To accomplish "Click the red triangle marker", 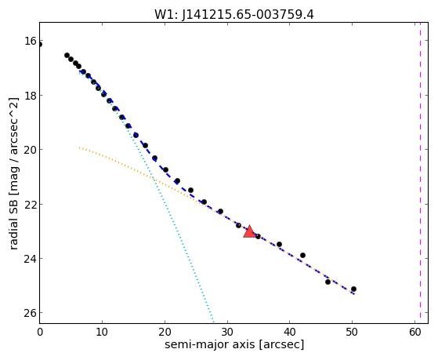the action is click(x=249, y=231).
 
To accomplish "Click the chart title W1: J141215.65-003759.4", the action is click(x=234, y=14).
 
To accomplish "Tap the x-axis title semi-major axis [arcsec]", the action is click(x=234, y=344).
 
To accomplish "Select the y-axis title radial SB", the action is click(x=13, y=223).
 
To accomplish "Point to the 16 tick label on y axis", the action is click(x=30, y=41).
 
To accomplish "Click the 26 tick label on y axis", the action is click(x=30, y=313).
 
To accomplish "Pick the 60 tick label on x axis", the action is click(x=414, y=332).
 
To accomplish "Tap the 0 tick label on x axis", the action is click(x=40, y=332).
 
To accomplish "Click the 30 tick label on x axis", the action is click(x=227, y=332).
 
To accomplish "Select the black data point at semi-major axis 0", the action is click(x=40, y=45).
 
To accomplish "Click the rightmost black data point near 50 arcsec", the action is click(x=353, y=289).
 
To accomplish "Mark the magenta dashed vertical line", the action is click(x=420, y=173).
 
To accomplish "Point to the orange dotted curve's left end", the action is click(x=80, y=147).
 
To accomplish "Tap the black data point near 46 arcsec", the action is click(x=328, y=282).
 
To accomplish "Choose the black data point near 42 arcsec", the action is click(x=302, y=255).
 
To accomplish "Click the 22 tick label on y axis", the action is click(x=30, y=204).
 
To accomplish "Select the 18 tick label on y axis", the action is click(x=30, y=96).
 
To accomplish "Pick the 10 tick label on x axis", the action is click(x=102, y=332).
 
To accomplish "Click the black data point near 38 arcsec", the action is click(x=279, y=244).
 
